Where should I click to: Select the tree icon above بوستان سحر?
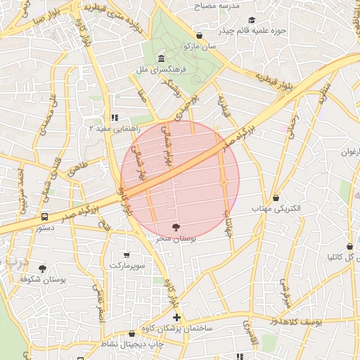click(175, 226)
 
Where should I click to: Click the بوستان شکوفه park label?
click(43, 280)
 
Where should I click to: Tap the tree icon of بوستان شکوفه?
click(43, 269)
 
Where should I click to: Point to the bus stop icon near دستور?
click(44, 217)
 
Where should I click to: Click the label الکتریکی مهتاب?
click(275, 210)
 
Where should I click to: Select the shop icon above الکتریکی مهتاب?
click(275, 198)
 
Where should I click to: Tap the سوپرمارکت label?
click(127, 266)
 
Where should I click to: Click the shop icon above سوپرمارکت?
click(127, 255)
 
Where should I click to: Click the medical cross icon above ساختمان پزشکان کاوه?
click(176, 318)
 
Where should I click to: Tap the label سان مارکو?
click(200, 46)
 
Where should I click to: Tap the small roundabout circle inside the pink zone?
click(224, 183)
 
